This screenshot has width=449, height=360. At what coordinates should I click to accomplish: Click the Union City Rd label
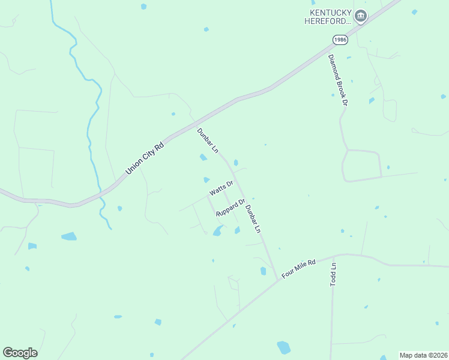144,158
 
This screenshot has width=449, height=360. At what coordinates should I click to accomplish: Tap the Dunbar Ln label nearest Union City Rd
207,140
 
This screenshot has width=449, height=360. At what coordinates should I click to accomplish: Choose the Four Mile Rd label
298,267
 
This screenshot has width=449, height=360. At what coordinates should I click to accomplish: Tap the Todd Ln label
334,274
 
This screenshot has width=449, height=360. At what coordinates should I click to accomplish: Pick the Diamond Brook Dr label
337,80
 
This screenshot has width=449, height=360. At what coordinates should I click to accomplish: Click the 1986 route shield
340,40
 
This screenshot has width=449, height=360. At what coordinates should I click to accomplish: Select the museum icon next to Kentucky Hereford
360,16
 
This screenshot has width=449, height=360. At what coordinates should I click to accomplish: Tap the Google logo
20,353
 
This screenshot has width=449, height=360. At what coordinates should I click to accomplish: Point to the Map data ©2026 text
423,355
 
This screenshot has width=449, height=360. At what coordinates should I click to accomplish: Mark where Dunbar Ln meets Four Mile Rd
277,280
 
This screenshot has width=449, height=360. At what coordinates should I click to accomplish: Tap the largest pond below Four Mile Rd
283,347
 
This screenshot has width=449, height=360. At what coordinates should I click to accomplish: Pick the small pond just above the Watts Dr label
206,179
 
